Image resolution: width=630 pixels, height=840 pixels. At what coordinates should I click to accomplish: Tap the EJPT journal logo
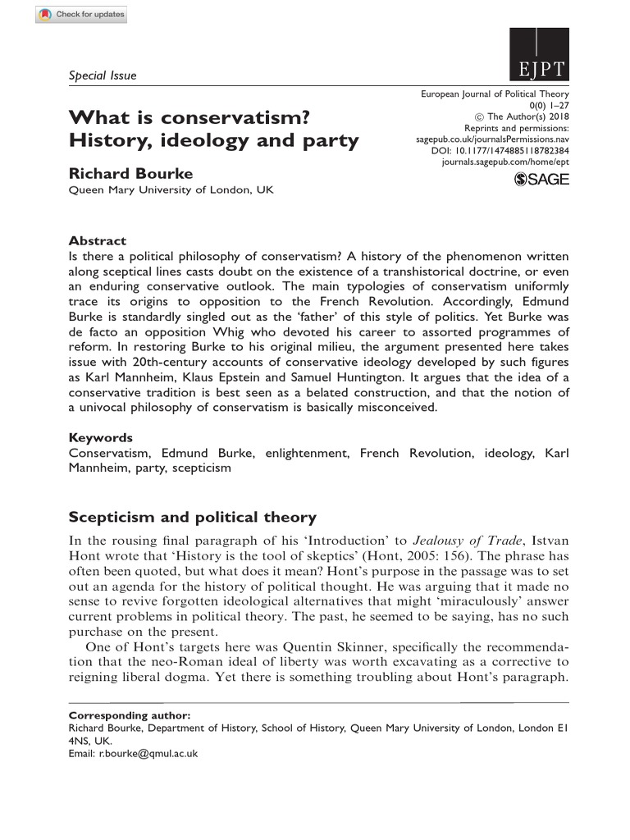[x=539, y=56]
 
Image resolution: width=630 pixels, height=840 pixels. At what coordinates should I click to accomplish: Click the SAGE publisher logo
[x=541, y=180]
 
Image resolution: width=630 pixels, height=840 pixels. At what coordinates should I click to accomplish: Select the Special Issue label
[x=103, y=75]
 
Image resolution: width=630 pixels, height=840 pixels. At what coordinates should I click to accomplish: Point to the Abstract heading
[x=98, y=240]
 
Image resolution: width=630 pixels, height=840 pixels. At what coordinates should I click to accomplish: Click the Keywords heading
[x=100, y=437]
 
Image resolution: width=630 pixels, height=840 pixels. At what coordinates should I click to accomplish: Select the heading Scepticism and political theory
[x=192, y=517]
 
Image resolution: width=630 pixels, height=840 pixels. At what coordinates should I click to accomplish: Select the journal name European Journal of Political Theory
[x=495, y=94]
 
